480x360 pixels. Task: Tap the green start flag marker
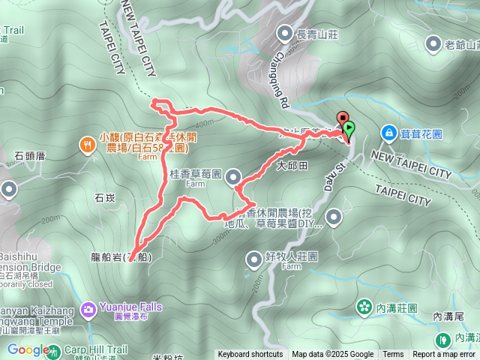pos(349,129)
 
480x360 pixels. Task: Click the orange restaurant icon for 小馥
pos(88,143)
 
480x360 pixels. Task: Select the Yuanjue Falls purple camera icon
pos(88,307)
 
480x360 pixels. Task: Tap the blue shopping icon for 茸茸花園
pos(388,133)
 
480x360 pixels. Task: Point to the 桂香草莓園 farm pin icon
pos(233,177)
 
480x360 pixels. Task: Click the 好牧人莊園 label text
pos(292,256)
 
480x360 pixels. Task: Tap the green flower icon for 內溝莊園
pos(364,306)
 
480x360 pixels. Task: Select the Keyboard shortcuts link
pos(250,355)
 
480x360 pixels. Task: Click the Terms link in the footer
pos(393,355)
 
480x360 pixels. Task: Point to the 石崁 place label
pos(105,198)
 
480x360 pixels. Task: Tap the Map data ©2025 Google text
pos(333,355)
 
